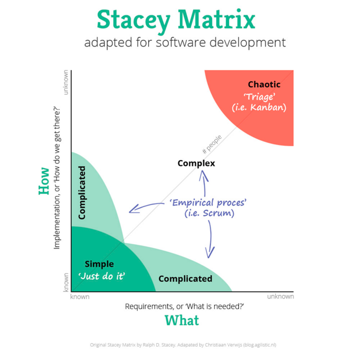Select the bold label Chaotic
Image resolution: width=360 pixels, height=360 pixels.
pos(264,84)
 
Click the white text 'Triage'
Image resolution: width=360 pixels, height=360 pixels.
pos(259,97)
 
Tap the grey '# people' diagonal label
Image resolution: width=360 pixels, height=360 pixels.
pos(212,144)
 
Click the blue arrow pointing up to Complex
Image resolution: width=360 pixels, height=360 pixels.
pos(204,183)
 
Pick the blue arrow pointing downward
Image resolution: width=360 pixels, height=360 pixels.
pos(210,240)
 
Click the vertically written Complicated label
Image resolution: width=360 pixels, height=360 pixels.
pos(82,192)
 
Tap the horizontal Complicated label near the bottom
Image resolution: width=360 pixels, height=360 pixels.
pos(185,279)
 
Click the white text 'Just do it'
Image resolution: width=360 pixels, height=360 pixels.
pos(102,276)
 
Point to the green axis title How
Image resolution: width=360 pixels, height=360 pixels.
pos(44,181)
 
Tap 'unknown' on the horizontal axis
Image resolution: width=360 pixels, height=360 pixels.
pos(280,296)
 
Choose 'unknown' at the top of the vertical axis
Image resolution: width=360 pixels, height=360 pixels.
pos(66,82)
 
